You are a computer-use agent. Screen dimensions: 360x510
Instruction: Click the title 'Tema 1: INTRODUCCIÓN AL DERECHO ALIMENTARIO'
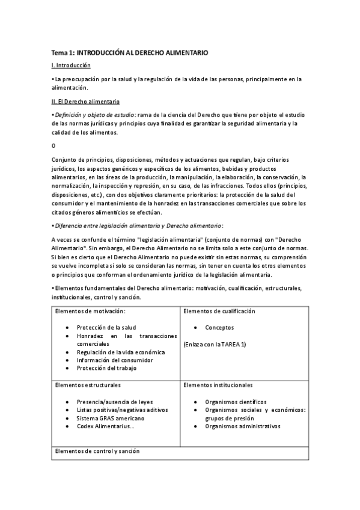coord(129,53)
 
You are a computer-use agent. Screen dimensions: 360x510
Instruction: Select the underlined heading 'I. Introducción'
coord(71,65)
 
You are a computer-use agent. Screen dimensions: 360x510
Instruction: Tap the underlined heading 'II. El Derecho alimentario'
coord(85,102)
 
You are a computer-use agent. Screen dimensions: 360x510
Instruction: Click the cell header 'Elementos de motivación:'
coord(90,312)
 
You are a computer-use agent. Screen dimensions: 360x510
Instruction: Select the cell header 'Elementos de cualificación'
coord(219,312)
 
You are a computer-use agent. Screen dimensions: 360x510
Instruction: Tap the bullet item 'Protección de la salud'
coord(106,328)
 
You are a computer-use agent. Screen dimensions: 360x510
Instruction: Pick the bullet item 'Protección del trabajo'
coord(106,368)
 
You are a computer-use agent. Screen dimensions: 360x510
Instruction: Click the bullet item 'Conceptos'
coord(219,328)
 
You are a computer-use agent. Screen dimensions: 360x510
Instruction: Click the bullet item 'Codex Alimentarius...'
coord(106,426)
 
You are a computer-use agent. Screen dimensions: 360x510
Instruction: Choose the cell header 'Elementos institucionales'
coord(218,385)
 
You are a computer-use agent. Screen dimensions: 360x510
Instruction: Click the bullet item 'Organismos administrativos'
coord(242,426)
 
